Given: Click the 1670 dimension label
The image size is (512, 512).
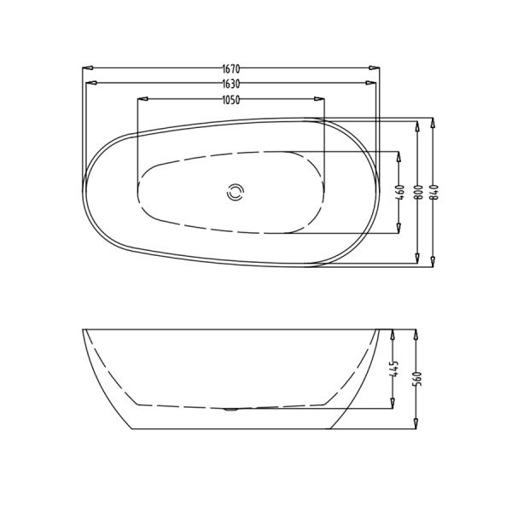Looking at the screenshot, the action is pos(231,68).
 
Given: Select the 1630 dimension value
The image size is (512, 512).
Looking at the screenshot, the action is pos(231,84).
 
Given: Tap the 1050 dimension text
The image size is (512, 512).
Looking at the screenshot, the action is pos(231,100).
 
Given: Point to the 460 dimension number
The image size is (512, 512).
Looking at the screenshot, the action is pos(401,193).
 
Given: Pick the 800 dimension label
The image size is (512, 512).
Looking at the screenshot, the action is pos(420,193).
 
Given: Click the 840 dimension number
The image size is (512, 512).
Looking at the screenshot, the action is pos(435,193).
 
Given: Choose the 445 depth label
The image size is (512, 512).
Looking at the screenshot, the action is pos(395,369).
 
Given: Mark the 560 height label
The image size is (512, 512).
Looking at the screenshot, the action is pos(418,379).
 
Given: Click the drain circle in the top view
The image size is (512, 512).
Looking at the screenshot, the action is pos(236,193).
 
